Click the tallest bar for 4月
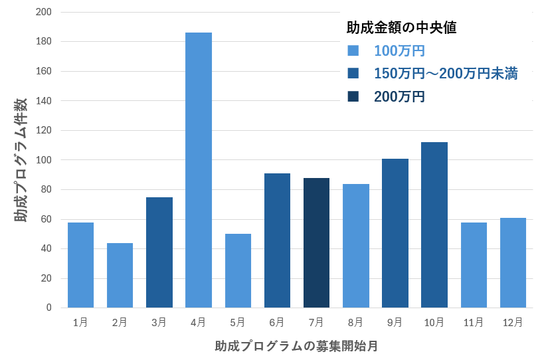[x=199, y=170]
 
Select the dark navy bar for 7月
[x=316, y=242]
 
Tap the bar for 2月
[x=120, y=275]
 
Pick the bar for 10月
[x=434, y=225]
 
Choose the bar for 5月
[x=238, y=270]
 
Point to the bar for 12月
[x=513, y=262]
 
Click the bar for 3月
[x=159, y=252]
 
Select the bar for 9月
[x=395, y=233]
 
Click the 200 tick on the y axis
[x=44, y=12]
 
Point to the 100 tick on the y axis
[x=44, y=160]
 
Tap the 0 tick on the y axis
[x=48, y=308]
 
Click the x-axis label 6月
[x=277, y=322]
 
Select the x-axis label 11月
[x=474, y=322]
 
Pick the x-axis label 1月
[x=80, y=322]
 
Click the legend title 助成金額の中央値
[x=401, y=28]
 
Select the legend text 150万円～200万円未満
[x=446, y=74]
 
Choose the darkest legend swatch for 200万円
[x=353, y=96]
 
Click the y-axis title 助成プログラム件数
[x=21, y=159]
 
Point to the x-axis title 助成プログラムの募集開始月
[x=296, y=346]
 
